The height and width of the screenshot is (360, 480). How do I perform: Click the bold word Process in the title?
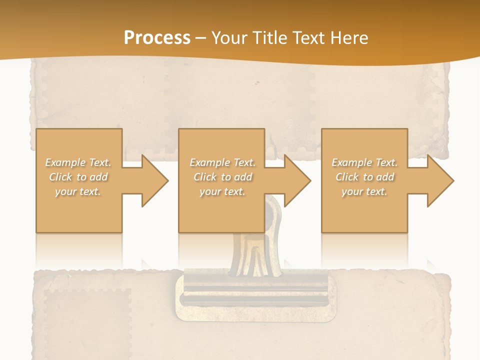pos(157,38)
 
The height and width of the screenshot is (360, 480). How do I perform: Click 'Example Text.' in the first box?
pos(78,162)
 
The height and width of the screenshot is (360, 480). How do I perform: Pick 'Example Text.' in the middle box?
pos(222,162)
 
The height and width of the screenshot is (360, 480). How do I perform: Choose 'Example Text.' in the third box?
pos(364,162)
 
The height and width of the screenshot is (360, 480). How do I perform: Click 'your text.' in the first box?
pos(78,191)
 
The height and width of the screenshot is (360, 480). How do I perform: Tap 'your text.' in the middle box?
pos(222,191)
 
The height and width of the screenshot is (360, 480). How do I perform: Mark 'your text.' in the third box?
pos(364,191)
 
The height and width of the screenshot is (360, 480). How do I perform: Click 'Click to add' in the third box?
pos(364,177)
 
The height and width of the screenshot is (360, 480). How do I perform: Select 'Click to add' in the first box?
pos(78,177)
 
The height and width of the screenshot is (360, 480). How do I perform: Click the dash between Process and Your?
pos(201,38)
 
